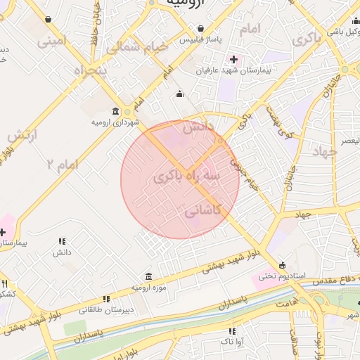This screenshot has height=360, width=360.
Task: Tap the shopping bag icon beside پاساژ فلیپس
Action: click(202, 29)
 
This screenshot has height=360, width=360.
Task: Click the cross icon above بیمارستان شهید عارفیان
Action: click(233, 59)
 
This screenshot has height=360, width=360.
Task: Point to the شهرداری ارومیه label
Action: click(116, 122)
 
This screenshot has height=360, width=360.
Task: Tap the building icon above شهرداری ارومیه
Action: click(116, 111)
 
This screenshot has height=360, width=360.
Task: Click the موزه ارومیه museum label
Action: click(148, 288)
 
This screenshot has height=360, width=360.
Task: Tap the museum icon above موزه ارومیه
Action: click(148, 276)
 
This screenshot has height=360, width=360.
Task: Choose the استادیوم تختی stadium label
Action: click(282, 276)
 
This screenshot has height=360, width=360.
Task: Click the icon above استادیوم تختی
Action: click(282, 265)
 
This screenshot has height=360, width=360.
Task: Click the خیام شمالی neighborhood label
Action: click(138, 47)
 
